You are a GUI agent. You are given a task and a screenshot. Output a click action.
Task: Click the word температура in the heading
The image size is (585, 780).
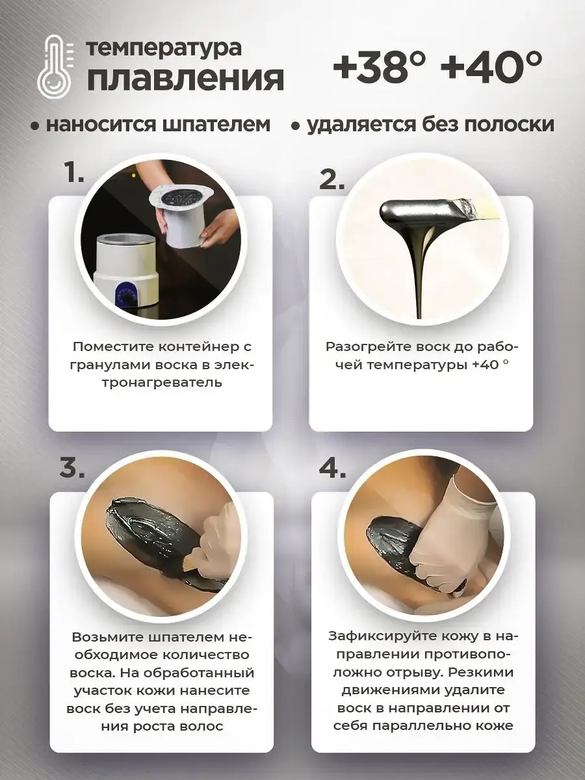[164, 47]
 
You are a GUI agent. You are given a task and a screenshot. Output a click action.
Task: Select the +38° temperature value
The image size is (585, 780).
[379, 66]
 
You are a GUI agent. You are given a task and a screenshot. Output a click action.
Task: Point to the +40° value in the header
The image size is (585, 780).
[492, 66]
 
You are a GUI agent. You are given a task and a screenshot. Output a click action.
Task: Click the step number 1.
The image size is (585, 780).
[74, 174]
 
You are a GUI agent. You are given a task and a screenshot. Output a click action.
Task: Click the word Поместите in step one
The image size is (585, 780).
[112, 347]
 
